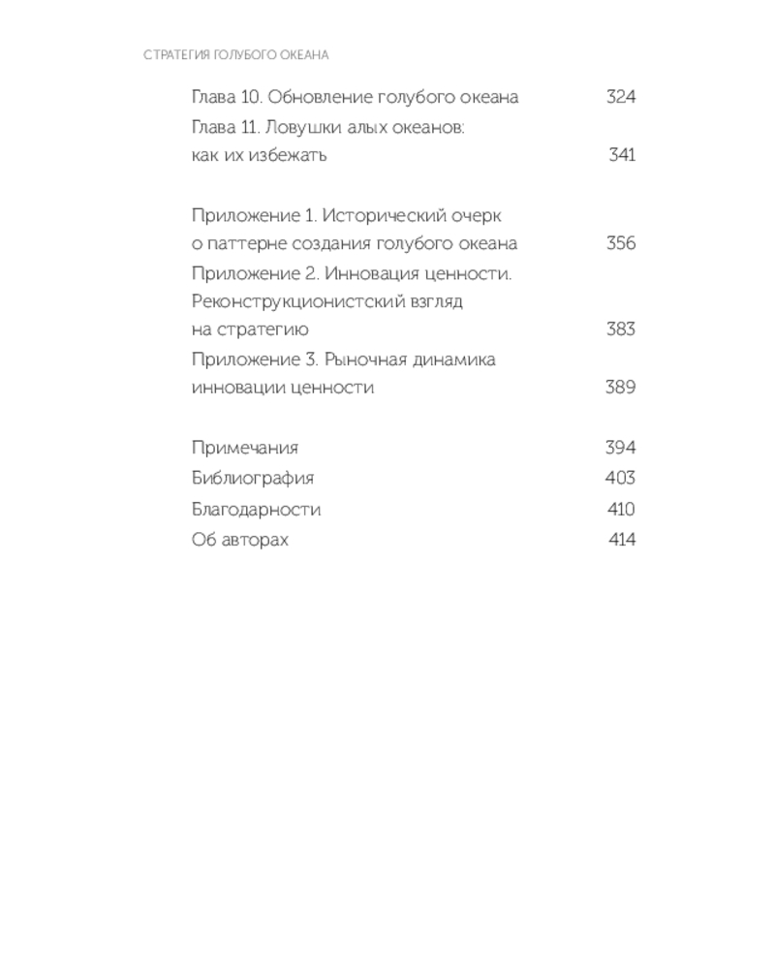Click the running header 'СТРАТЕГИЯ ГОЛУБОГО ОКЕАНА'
(x=236, y=55)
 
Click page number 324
(x=620, y=97)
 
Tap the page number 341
(x=622, y=155)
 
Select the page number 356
(x=620, y=243)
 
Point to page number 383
(x=620, y=329)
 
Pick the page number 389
(x=620, y=388)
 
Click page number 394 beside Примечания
(x=620, y=448)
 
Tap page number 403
(x=620, y=478)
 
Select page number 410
(x=620, y=510)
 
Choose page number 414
(x=622, y=540)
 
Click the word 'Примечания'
(x=245, y=448)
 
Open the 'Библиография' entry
(x=253, y=479)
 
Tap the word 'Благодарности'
(x=256, y=510)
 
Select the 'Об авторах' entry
(x=240, y=540)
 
